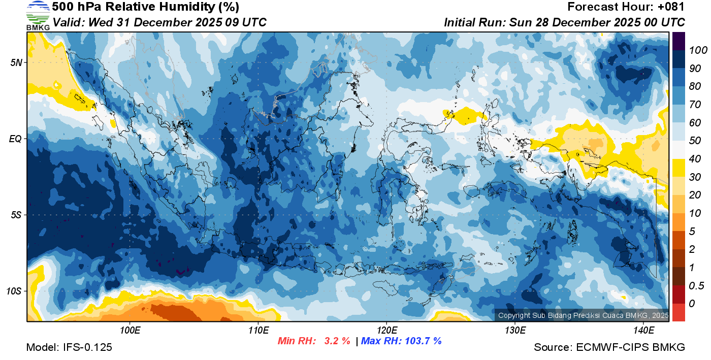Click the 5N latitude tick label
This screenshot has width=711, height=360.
coord(16,62)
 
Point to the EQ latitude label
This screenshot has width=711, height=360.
coord(16,139)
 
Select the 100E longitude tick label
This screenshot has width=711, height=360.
coord(130,331)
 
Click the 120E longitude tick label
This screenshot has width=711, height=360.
coord(386,331)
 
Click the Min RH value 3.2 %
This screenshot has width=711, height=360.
coord(337,341)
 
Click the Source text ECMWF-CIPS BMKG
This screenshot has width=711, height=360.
coord(631,347)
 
